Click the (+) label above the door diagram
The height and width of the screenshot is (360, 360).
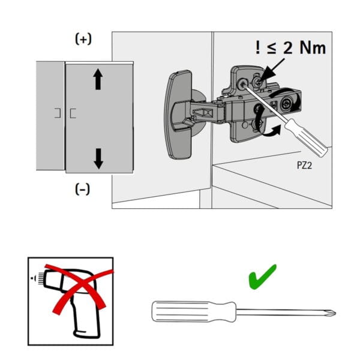[x=83, y=40]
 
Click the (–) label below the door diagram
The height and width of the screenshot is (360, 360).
[x=83, y=190]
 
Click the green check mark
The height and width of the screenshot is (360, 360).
[x=262, y=278]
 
